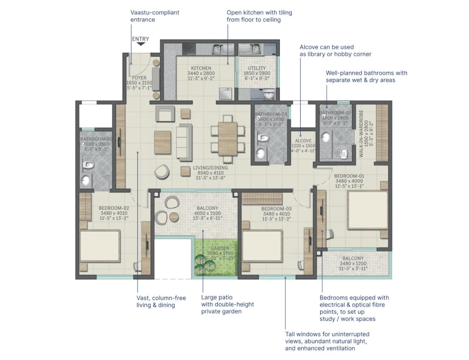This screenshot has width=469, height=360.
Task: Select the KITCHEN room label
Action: click(x=201, y=68)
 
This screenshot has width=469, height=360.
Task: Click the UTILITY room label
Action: click(x=256, y=68)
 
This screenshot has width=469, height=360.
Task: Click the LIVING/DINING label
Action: click(x=210, y=168)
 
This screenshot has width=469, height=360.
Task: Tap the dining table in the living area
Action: click(x=228, y=138)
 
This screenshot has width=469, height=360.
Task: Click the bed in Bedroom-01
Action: click(x=367, y=210)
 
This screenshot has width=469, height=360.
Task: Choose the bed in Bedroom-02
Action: click(x=100, y=245)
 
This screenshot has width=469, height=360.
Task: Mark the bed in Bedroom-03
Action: click(x=262, y=246)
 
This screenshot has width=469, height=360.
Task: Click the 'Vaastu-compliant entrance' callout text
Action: click(x=155, y=16)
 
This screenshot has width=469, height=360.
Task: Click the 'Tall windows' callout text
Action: click(x=327, y=341)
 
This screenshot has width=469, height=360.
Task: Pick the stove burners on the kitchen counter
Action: click(x=189, y=49)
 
